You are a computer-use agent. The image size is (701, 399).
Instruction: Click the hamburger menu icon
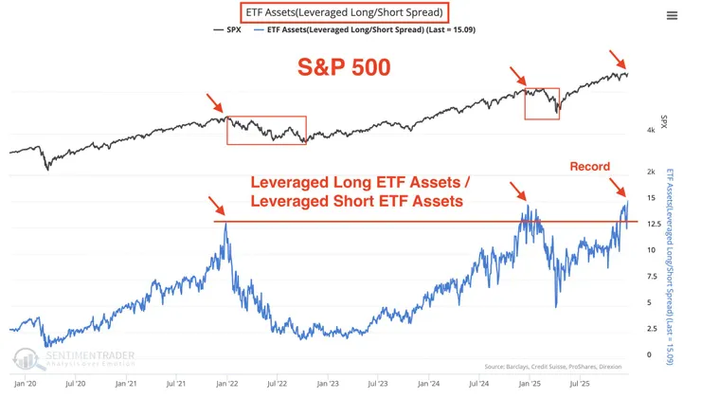672,15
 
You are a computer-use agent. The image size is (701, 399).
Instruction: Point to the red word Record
589,166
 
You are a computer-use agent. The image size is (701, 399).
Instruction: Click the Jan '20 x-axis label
26,385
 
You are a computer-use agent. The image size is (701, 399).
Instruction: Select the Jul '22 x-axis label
277,385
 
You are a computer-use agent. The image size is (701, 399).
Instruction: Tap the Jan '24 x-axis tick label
427,385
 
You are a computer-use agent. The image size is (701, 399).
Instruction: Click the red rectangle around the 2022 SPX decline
266,130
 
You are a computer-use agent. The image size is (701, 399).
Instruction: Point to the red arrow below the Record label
617,186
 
